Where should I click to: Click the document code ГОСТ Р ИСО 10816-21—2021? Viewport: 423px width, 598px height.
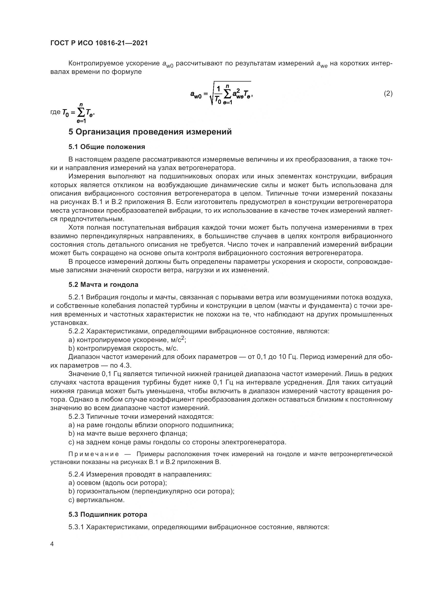click(x=99, y=43)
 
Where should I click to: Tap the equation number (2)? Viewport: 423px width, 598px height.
click(x=388, y=93)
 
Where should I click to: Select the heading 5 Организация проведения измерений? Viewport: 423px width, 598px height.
click(x=150, y=132)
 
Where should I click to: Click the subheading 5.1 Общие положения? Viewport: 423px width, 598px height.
click(x=107, y=147)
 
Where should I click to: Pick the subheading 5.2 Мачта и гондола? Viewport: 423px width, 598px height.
click(x=103, y=285)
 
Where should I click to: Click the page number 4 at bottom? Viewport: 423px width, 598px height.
click(x=52, y=544)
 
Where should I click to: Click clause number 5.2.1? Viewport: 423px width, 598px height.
click(x=76, y=297)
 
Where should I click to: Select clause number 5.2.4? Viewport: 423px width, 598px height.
click(x=76, y=474)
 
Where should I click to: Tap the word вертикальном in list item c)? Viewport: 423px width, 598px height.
click(x=100, y=500)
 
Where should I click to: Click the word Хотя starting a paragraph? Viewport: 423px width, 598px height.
click(x=76, y=228)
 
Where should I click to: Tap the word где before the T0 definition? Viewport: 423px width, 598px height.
click(x=55, y=112)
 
